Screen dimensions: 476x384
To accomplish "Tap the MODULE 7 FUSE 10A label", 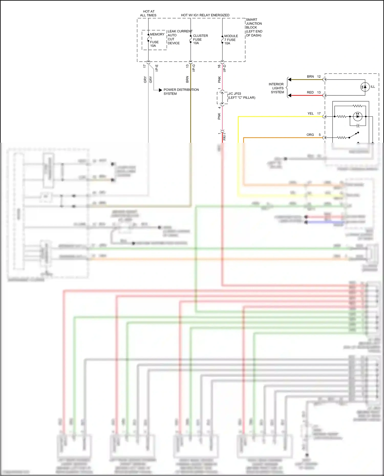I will (231, 40).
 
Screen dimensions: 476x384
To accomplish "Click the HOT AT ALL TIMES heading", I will (148, 13).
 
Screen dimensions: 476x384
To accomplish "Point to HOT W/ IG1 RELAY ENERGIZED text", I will (205, 15).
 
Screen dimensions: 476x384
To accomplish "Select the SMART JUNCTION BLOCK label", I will (253, 27).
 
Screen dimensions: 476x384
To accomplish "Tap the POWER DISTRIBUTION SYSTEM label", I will (181, 92).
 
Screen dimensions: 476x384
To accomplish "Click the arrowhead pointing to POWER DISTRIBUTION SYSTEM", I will (161, 90).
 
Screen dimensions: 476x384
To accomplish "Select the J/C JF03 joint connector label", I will (241, 96).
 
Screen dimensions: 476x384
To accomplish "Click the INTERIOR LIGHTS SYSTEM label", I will (276, 88).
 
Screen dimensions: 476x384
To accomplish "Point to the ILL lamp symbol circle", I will (365, 87).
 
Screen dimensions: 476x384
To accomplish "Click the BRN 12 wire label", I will (314, 76).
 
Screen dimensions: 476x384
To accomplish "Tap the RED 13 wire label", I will (314, 92).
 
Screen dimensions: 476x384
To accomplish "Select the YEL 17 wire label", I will (314, 113).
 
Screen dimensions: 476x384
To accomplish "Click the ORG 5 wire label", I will (313, 135).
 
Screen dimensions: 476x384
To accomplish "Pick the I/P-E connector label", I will (157, 68).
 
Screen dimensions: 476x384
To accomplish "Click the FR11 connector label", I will (225, 136).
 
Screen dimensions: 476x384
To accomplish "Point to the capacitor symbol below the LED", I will (358, 126).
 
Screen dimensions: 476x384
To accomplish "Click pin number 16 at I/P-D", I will (219, 66).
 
